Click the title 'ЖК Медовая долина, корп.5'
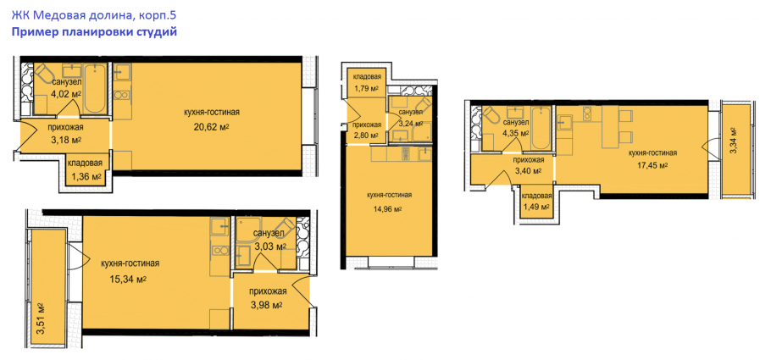tap(93, 15)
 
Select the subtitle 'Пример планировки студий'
tap(93, 32)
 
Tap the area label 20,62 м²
tap(213, 127)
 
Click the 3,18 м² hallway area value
tap(66, 139)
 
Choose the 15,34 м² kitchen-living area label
tap(129, 280)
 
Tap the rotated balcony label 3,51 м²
tap(42, 318)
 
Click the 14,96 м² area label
tap(388, 208)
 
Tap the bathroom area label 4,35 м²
tap(516, 133)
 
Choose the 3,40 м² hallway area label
tap(528, 171)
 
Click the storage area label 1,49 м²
tap(536, 207)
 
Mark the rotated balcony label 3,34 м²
tap(733, 141)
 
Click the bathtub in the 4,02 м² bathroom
tap(94, 89)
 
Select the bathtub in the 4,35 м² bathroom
tap(540, 128)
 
